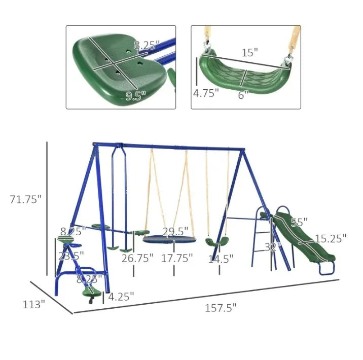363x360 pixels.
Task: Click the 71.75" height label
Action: point(25,199)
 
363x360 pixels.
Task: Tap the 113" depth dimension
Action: point(33,304)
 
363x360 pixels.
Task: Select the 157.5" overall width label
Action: point(221,307)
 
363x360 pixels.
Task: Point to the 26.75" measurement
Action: point(137,258)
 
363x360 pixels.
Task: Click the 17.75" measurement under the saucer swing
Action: point(176,258)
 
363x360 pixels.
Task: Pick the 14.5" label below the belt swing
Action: point(221,259)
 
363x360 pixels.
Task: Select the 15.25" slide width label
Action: point(330,238)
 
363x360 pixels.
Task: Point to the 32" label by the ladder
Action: point(273,247)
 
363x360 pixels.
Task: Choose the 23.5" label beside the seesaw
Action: point(69,256)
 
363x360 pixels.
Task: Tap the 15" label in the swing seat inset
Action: point(249,52)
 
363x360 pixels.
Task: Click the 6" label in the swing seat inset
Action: point(244,94)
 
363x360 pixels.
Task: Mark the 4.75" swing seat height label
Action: point(205,93)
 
